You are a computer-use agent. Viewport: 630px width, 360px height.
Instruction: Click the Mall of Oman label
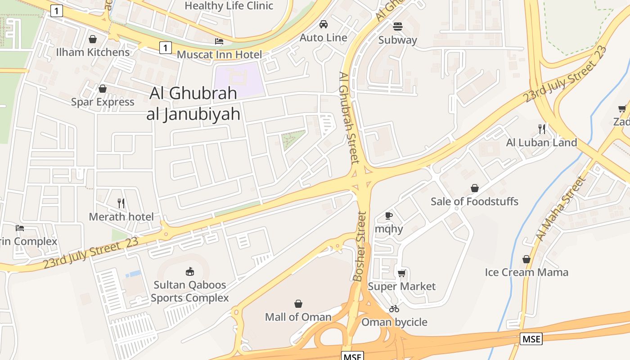(298, 317)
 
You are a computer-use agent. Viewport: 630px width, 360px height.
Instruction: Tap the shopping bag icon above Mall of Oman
(298, 304)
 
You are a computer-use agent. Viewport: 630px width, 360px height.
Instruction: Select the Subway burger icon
(398, 27)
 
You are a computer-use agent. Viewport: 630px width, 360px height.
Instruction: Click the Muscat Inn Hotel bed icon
(219, 41)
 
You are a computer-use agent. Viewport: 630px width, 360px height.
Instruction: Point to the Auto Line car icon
(324, 24)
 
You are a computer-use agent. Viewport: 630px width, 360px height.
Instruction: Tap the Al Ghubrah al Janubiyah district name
(193, 103)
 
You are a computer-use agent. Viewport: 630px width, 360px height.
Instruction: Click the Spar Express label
(103, 102)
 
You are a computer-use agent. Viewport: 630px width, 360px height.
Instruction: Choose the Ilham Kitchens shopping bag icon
(93, 39)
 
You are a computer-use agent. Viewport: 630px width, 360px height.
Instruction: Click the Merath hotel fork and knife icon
(121, 203)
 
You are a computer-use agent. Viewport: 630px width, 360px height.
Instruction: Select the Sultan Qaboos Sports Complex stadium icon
(190, 271)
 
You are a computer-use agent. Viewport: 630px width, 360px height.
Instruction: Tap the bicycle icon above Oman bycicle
(394, 309)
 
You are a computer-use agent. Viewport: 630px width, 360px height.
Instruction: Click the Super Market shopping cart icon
(402, 273)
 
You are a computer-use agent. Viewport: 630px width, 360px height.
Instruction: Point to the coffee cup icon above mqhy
(389, 216)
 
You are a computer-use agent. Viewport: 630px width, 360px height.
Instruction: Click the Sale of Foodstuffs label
(474, 201)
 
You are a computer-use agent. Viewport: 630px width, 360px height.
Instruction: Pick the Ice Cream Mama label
(526, 272)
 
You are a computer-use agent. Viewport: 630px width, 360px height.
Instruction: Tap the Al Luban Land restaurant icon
(542, 129)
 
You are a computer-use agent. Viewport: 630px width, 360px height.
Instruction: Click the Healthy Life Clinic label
(229, 6)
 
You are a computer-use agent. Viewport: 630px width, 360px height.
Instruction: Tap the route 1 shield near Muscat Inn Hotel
(166, 47)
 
